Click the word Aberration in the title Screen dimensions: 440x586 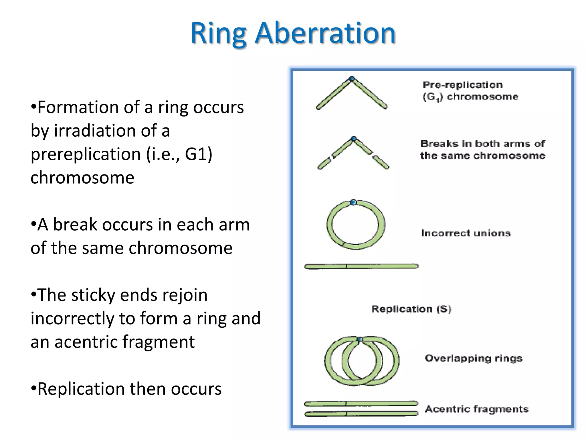tap(325, 34)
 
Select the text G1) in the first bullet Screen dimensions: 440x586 tap(199, 154)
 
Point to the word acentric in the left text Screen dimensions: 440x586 tap(85, 342)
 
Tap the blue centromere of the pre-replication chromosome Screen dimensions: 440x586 tap(352, 78)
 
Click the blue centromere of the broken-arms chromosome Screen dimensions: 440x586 tap(354, 139)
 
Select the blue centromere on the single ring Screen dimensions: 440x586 tap(353, 203)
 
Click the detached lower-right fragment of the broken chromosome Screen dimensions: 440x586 tap(381, 162)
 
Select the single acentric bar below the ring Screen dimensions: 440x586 tap(361, 266)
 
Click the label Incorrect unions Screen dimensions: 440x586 tap(466, 233)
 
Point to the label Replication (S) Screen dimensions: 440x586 tap(411, 309)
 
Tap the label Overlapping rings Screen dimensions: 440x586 tap(474, 358)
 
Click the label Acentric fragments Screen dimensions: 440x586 tap(476, 409)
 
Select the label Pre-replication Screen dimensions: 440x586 tap(462, 85)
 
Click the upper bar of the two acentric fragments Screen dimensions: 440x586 tap(361, 404)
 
